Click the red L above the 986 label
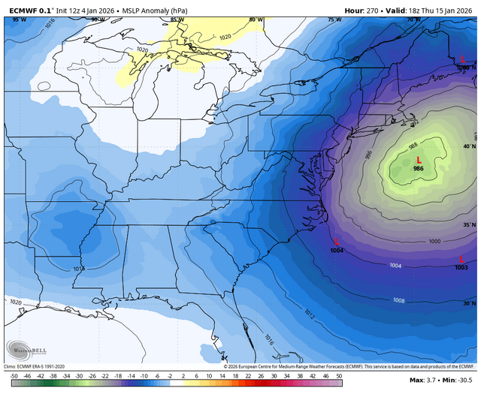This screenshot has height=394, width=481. point(418,160)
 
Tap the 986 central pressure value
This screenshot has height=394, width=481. point(418,170)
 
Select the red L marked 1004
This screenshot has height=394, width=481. point(336,241)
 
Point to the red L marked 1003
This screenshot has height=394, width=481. point(461,259)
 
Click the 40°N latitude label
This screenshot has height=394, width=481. point(468,147)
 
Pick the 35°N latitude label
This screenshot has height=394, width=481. point(468,225)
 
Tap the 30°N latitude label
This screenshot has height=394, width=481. point(468,303)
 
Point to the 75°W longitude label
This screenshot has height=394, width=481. point(334,20)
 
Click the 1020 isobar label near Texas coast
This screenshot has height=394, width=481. point(16,302)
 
